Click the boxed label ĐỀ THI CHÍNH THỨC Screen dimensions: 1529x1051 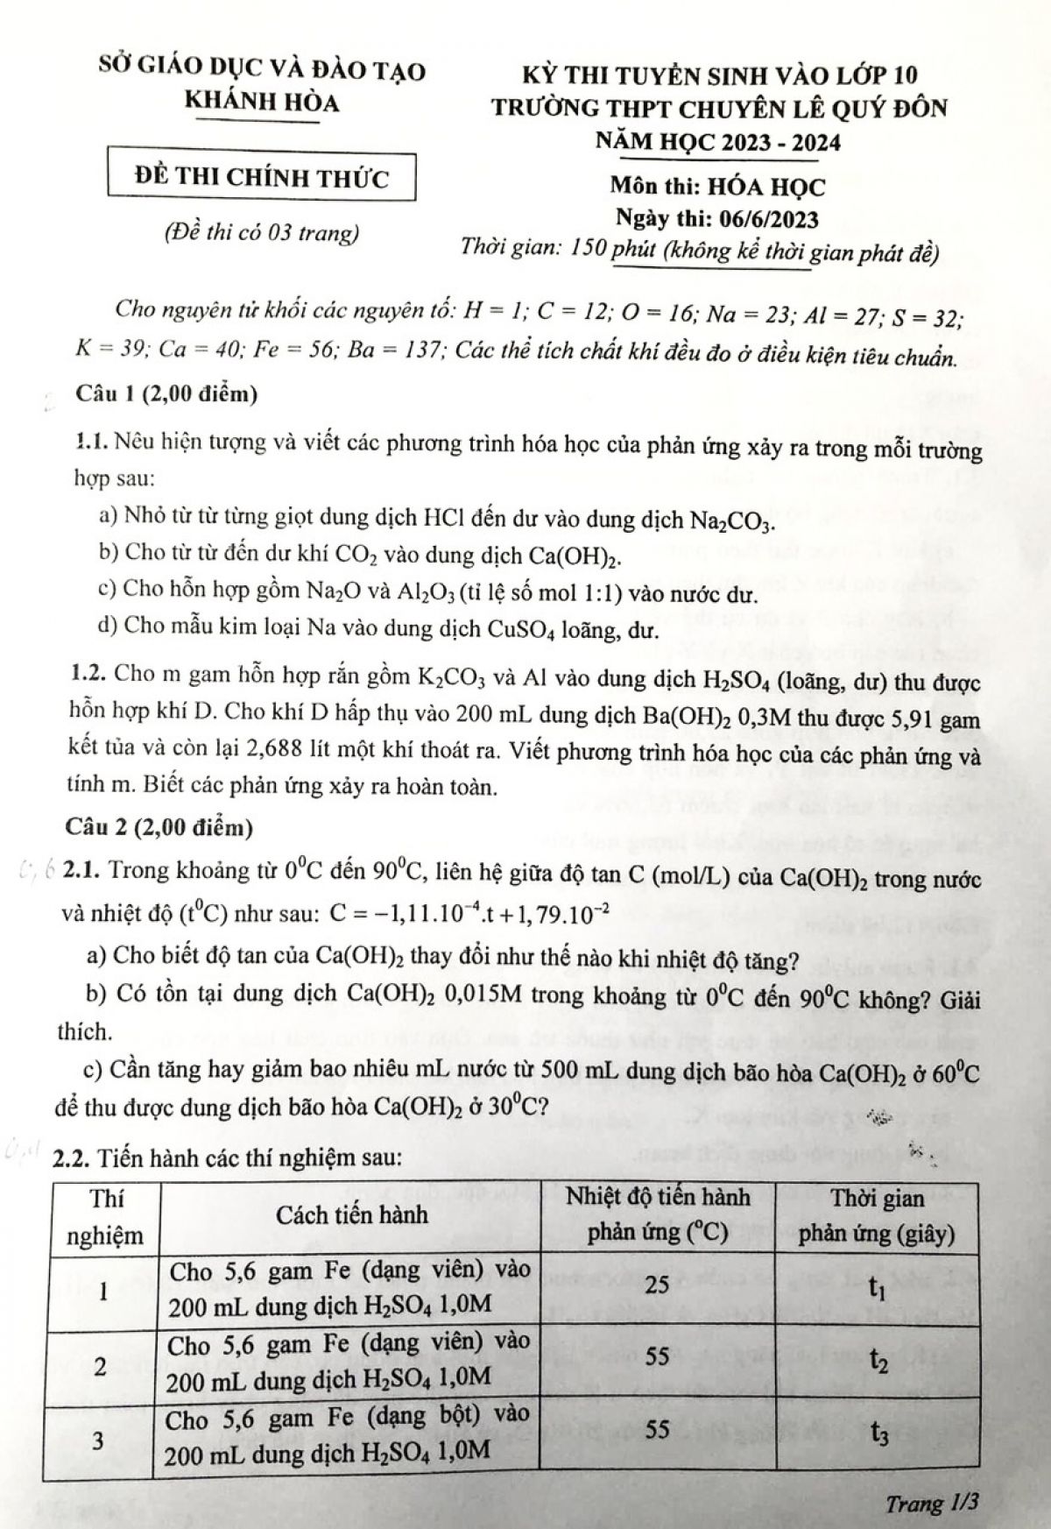[x=262, y=178]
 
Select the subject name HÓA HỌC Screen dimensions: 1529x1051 [x=771, y=187]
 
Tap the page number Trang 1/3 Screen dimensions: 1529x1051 [x=931, y=1504]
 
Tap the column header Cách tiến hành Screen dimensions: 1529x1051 [x=352, y=1215]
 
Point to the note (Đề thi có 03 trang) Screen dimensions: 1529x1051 [x=262, y=233]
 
